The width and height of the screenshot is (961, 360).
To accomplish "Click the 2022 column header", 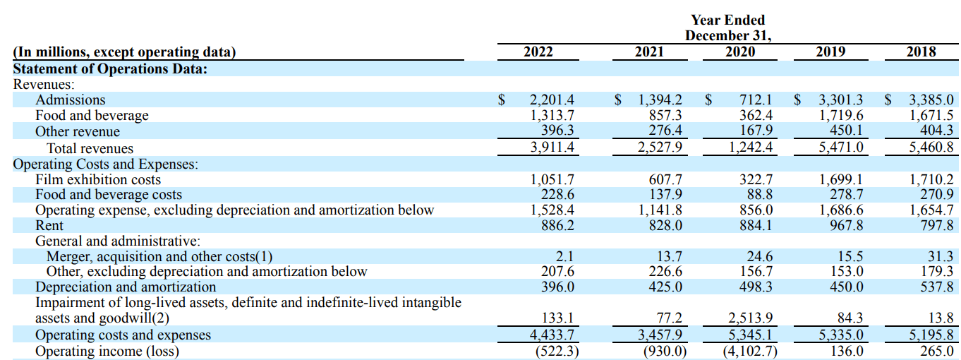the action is pyautogui.click(x=538, y=52).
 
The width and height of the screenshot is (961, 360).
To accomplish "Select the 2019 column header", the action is pyautogui.click(x=830, y=52).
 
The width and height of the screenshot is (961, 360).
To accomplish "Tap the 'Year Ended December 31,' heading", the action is pyautogui.click(x=727, y=28).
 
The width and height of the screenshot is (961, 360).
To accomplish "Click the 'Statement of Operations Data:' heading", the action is pyautogui.click(x=110, y=68).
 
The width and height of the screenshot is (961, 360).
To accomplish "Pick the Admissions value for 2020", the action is pyautogui.click(x=756, y=100).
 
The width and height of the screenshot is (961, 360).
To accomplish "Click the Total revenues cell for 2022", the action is pyautogui.click(x=552, y=148).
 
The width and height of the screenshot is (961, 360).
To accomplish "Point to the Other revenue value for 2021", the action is pyautogui.click(x=665, y=130).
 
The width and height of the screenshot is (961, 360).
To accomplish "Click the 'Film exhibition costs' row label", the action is pyautogui.click(x=98, y=179).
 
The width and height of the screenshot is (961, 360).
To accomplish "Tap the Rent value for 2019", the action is pyautogui.click(x=846, y=225).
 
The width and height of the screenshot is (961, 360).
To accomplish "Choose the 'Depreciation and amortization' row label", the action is pyautogui.click(x=126, y=287).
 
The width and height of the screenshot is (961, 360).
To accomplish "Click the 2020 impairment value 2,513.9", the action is pyautogui.click(x=750, y=318).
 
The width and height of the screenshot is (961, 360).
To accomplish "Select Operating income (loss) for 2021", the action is pyautogui.click(x=665, y=352).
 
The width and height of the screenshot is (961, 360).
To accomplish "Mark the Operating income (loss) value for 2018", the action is pyautogui.click(x=936, y=352).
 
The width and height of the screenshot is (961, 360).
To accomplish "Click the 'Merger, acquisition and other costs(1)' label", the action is pyautogui.click(x=159, y=256).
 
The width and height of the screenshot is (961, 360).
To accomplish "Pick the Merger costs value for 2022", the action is pyautogui.click(x=564, y=256).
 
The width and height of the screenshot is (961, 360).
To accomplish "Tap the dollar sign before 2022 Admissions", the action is pyautogui.click(x=501, y=100).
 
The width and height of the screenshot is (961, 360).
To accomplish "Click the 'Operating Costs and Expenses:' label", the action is pyautogui.click(x=106, y=164).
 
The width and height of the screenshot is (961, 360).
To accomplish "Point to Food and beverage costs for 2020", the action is pyautogui.click(x=760, y=194).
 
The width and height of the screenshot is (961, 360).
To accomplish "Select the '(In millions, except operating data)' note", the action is pyautogui.click(x=124, y=52).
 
